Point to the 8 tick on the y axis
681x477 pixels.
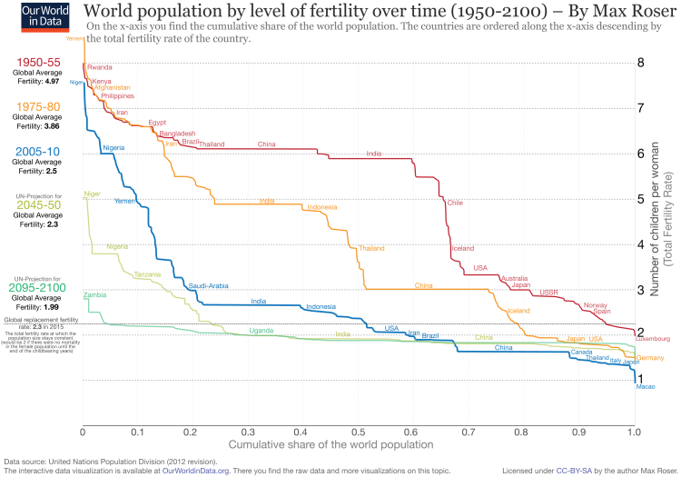[x=641, y=63]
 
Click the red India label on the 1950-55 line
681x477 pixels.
[x=373, y=153]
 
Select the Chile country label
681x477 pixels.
[x=454, y=203]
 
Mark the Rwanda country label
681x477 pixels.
[x=100, y=67]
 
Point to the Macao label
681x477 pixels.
[x=645, y=388]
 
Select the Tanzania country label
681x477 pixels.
[x=147, y=274]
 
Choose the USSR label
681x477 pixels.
[x=548, y=293]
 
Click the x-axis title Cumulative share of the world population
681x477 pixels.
[x=330, y=444]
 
